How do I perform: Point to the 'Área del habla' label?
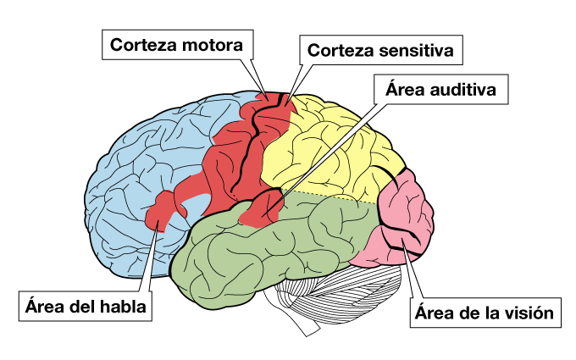click(86, 306)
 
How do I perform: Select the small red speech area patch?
click(163, 212)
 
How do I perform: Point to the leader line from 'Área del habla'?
click(146, 263)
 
